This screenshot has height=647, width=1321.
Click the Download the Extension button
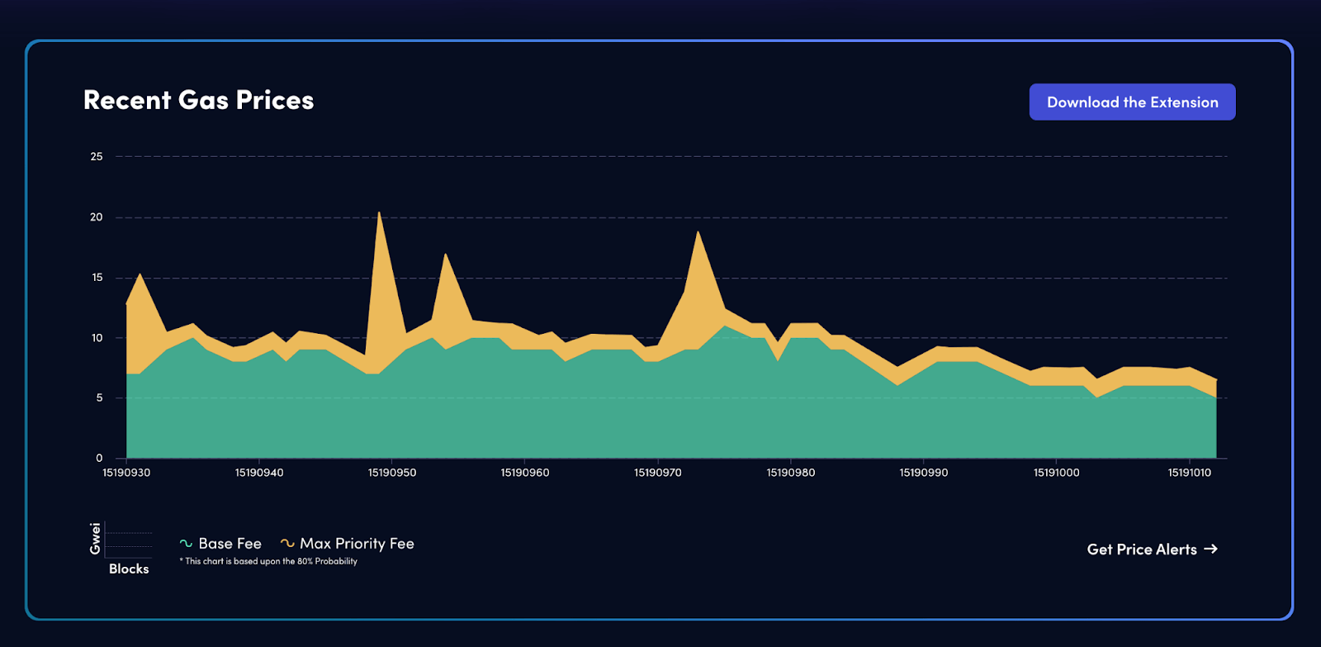pyautogui.click(x=1132, y=102)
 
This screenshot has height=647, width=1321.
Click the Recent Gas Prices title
pyautogui.click(x=198, y=100)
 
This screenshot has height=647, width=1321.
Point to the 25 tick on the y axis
pyautogui.click(x=97, y=156)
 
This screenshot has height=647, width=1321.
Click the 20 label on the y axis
pyautogui.click(x=97, y=217)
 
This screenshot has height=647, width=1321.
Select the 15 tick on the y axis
pyautogui.click(x=97, y=278)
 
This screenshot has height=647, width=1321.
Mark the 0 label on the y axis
pyautogui.click(x=99, y=458)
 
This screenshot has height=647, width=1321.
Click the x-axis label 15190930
pyautogui.click(x=126, y=473)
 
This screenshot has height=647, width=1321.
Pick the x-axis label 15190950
pyautogui.click(x=392, y=473)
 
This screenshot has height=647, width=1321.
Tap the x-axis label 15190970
pyautogui.click(x=658, y=473)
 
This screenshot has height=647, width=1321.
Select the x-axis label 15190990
pyautogui.click(x=924, y=473)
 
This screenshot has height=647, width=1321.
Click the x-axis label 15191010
pyautogui.click(x=1190, y=473)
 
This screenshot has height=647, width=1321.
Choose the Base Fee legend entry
pyautogui.click(x=221, y=544)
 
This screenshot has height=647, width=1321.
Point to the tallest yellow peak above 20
pyautogui.click(x=379, y=216)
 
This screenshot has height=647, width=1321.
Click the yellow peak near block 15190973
pyautogui.click(x=698, y=235)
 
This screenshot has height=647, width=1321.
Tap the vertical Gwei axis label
pyautogui.click(x=96, y=539)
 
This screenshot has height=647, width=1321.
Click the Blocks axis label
pyautogui.click(x=129, y=569)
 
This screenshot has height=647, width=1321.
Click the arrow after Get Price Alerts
pyautogui.click(x=1210, y=549)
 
